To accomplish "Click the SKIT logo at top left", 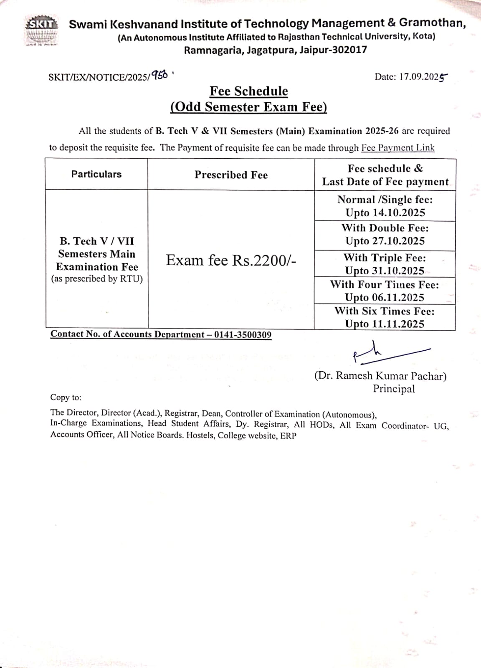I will pyautogui.click(x=41, y=30).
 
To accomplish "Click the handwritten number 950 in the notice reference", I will pyautogui.click(x=159, y=76).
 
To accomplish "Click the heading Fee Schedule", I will pyautogui.click(x=248, y=91).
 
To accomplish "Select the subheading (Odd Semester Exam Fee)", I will pyautogui.click(x=248, y=107).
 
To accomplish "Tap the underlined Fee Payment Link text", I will pyautogui.click(x=397, y=148).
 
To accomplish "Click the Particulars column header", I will pyautogui.click(x=96, y=174).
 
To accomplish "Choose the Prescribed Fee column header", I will pyautogui.click(x=231, y=175).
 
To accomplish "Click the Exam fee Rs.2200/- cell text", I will pyautogui.click(x=231, y=260).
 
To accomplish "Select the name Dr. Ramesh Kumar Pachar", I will pyautogui.click(x=380, y=376).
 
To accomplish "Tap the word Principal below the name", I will pyautogui.click(x=394, y=389).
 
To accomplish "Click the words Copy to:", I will pyautogui.click(x=66, y=397).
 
